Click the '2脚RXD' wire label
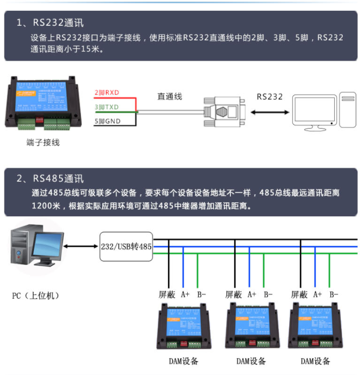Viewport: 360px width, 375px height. [107, 93]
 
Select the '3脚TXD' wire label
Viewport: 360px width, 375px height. [107, 107]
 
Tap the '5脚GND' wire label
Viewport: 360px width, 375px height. [107, 122]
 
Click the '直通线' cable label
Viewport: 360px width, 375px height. [170, 97]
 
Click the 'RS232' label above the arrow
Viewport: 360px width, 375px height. [269, 97]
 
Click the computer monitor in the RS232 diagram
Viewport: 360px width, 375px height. [315, 112]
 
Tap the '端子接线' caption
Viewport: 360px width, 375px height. [43, 143]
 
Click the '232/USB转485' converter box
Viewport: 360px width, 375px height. [126, 246]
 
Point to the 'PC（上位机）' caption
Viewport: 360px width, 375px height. [36, 295]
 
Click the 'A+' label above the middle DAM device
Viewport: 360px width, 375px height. [251, 294]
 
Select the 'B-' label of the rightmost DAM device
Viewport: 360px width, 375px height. [334, 294]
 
